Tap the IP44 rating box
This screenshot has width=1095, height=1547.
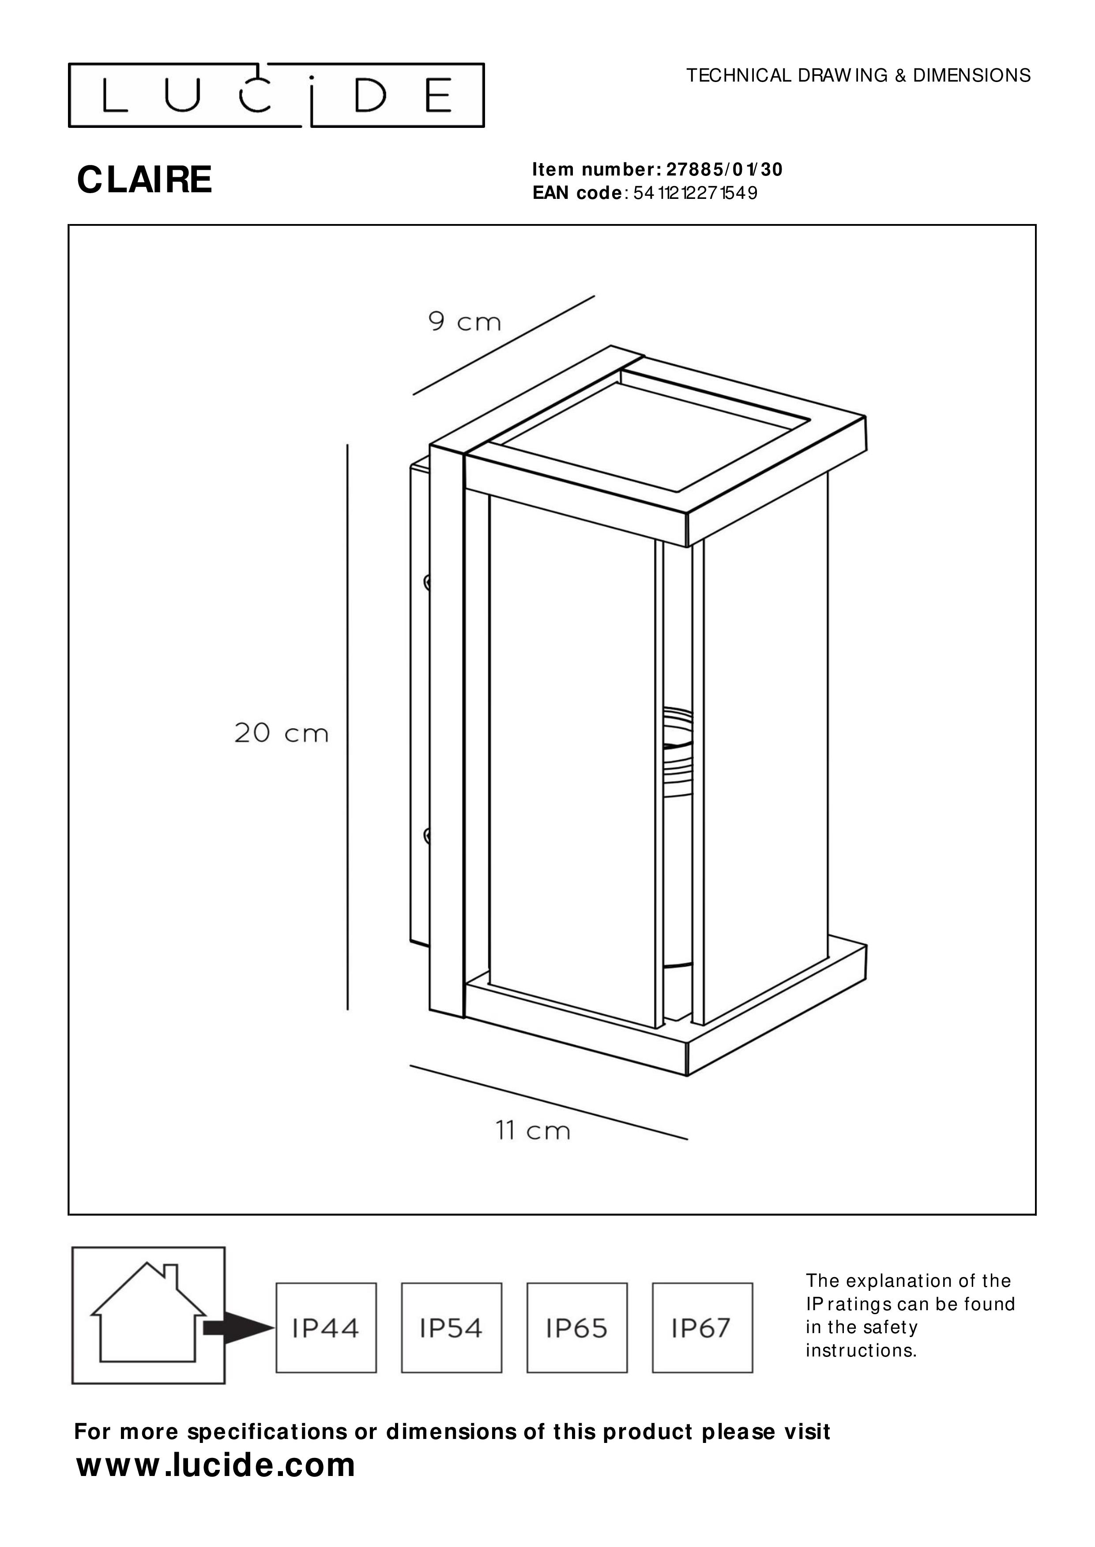point(326,1328)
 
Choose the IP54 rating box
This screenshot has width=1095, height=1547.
point(452,1328)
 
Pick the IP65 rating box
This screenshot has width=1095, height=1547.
point(577,1328)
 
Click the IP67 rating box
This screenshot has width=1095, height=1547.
point(703,1328)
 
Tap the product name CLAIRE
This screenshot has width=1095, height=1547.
point(145,180)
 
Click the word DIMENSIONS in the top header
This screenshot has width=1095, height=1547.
point(971,75)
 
